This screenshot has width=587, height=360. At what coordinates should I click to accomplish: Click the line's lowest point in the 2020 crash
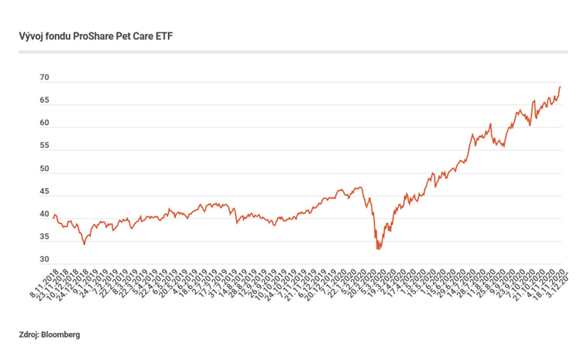click(378, 249)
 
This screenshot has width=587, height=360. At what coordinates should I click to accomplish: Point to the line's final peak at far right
click(560, 86)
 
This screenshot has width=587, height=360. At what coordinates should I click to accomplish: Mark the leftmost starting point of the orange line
click(53, 218)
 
